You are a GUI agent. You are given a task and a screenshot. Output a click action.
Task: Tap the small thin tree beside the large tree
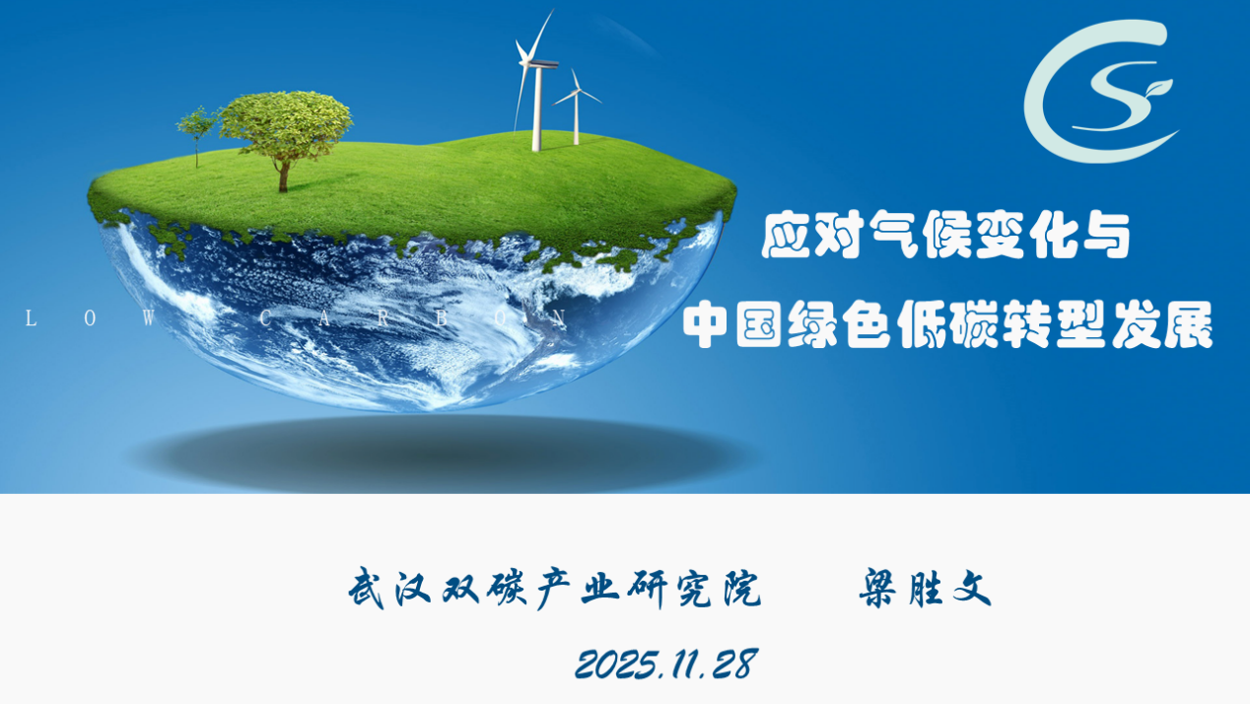(x=196, y=134)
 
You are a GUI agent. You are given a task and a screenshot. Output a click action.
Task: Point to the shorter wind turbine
(x=577, y=106)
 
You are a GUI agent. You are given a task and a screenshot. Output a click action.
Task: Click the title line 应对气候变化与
(x=946, y=236)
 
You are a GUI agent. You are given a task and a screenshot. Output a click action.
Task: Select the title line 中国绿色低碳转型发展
(x=947, y=324)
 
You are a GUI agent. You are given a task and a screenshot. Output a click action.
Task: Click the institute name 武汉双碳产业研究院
(x=555, y=589)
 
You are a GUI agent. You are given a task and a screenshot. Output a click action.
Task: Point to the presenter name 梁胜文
(x=925, y=589)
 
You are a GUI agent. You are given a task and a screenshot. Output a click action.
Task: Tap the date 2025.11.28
(x=666, y=664)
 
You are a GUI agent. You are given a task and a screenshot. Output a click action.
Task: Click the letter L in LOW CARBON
(x=32, y=318)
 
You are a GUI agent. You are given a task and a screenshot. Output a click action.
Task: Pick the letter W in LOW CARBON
(x=149, y=318)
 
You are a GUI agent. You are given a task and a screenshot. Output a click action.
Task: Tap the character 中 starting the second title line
(x=706, y=324)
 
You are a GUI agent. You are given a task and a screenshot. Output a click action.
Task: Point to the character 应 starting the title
(x=786, y=236)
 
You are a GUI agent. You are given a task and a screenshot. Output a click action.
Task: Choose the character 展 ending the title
(x=1190, y=324)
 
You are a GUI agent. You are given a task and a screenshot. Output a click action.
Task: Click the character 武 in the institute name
(x=367, y=589)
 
